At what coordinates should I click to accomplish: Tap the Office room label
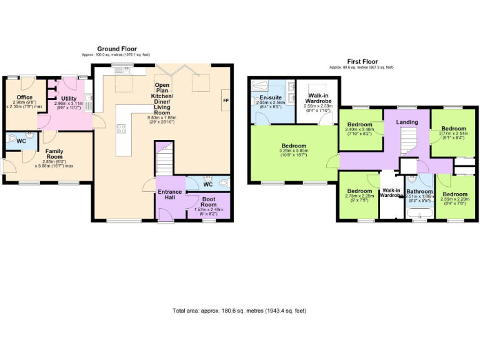[24, 97]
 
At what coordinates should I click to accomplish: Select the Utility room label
[69, 99]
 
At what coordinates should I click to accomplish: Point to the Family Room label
[54, 154]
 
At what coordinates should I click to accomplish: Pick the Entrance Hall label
[169, 195]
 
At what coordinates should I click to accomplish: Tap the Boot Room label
[209, 201]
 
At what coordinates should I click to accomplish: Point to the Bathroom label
[419, 191]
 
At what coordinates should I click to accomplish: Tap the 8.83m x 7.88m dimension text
[162, 117]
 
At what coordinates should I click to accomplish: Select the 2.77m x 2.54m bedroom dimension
[452, 133]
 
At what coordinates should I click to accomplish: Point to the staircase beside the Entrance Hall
[163, 160]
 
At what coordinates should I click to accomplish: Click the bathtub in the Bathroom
[419, 216]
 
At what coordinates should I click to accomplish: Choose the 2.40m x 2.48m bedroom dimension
[360, 129]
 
